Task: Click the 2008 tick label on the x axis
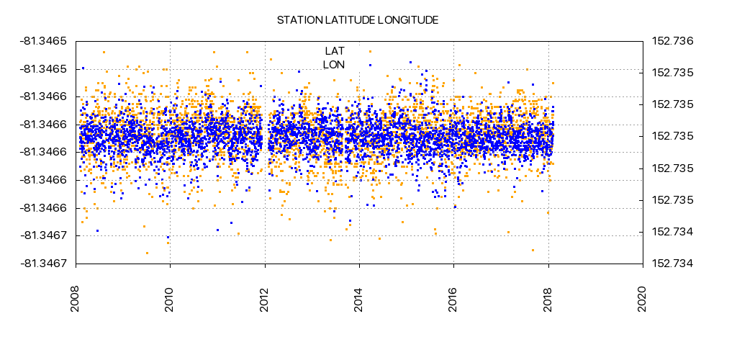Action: click(76, 301)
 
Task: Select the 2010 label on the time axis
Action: click(170, 301)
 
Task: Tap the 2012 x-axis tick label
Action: click(265, 301)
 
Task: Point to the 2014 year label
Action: click(359, 301)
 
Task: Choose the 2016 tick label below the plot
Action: click(453, 301)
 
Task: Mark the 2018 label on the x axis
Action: click(548, 301)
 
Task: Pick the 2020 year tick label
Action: click(643, 301)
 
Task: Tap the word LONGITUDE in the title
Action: click(409, 20)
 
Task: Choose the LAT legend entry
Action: click(335, 51)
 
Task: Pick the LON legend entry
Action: click(334, 65)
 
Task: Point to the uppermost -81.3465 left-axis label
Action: click(44, 41)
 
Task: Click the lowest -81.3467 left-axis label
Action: click(44, 264)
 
